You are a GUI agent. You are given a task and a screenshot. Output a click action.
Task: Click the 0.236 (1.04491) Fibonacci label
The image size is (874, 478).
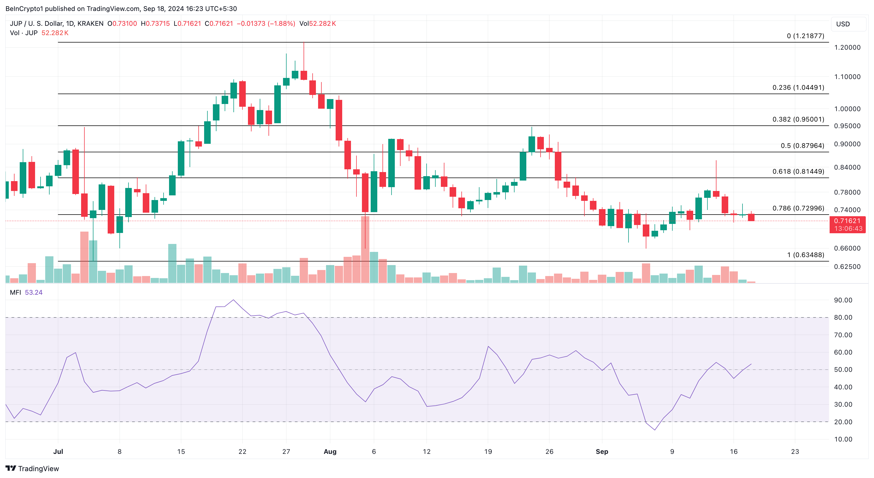pos(798,88)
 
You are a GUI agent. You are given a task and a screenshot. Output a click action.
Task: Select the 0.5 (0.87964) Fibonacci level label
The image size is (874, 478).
pos(802,146)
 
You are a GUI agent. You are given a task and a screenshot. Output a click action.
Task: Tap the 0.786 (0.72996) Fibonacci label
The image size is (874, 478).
pos(798,208)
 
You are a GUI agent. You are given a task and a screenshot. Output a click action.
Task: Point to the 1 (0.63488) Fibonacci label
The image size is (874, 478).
pos(806,255)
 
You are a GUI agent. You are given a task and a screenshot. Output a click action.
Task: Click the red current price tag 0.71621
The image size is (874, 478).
pos(847,221)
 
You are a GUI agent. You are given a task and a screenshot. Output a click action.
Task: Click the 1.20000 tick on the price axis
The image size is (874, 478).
pos(847,47)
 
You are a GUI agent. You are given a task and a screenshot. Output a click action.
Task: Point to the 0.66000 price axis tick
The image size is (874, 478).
pos(847,248)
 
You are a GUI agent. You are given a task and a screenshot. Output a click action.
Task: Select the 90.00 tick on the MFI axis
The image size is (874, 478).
pos(843,300)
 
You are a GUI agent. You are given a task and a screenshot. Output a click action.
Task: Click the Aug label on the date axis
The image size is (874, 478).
pos(330,451)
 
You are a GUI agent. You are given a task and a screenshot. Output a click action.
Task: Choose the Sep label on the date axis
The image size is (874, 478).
pos(602,451)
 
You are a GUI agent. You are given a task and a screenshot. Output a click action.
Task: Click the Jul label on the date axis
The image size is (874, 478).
pos(58,451)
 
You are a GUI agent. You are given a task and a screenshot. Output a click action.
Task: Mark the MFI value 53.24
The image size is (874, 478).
pos(34,293)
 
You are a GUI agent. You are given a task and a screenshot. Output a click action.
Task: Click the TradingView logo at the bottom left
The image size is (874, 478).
pos(32,468)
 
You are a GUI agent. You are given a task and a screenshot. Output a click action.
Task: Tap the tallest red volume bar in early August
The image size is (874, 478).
pos(365,250)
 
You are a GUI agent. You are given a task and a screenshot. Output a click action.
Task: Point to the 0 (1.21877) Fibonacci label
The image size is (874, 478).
pos(806,36)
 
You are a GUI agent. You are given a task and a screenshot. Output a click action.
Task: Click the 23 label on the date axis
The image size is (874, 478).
pos(795,451)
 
